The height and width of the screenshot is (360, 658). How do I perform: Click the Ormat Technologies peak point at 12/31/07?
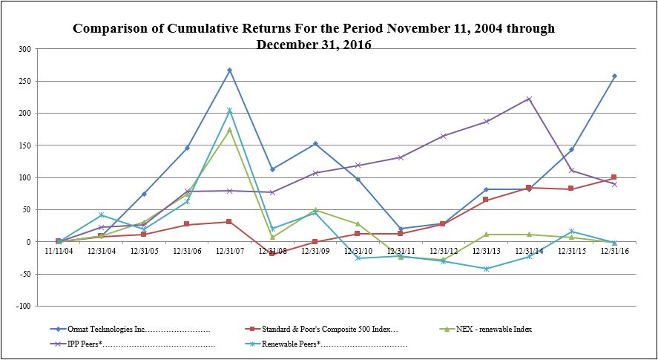point(229,71)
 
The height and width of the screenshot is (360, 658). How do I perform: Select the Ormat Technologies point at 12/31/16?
point(614,76)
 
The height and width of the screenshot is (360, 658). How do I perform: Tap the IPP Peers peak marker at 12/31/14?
point(529,99)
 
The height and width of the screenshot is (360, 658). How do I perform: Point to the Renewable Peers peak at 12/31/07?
point(229,111)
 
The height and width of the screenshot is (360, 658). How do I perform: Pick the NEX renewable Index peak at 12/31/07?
point(229,130)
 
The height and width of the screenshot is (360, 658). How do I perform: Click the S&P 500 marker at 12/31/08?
point(272,253)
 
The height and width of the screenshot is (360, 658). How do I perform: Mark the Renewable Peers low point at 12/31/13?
point(486,269)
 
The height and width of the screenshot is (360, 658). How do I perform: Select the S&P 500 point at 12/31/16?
point(614,177)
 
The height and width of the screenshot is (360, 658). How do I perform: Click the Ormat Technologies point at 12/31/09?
point(315,144)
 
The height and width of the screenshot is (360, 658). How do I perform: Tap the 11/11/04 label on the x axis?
point(59,251)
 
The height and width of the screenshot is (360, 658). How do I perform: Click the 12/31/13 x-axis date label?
point(486,251)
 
